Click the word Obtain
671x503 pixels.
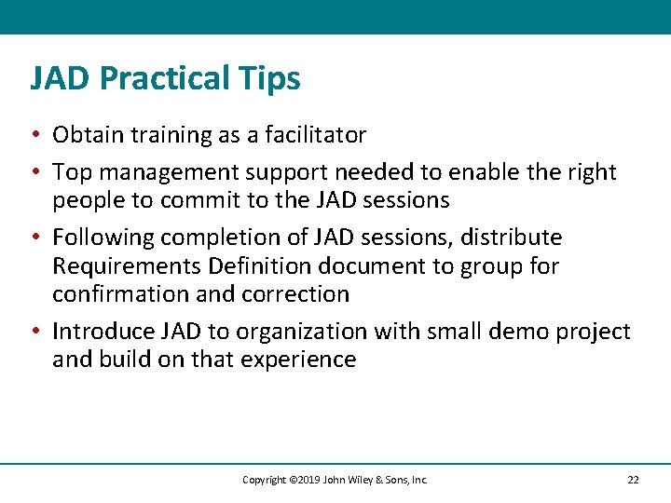(x=86, y=135)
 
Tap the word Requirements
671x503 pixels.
(x=127, y=266)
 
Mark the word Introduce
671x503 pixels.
(x=102, y=332)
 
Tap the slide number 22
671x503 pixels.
(x=633, y=480)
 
